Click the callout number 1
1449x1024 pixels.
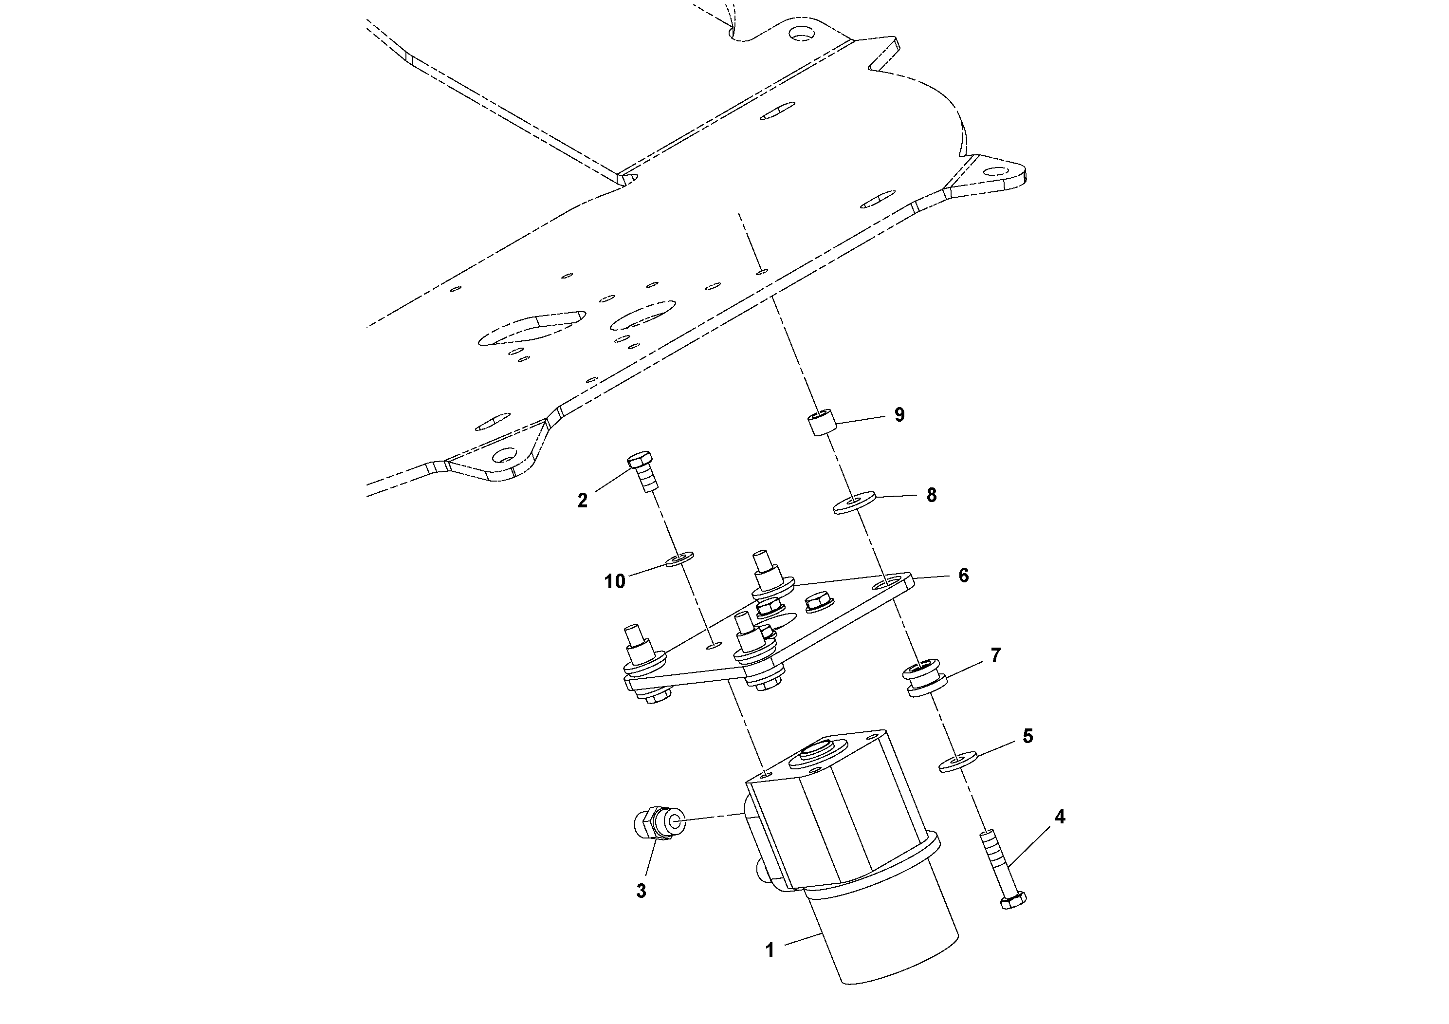point(770,968)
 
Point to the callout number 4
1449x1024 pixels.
point(1060,817)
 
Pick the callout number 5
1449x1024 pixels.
point(1027,736)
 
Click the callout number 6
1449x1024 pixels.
point(963,575)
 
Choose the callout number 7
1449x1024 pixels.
point(995,656)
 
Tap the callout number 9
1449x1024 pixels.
point(899,415)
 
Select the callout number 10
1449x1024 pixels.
point(615,581)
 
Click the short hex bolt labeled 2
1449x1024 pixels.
point(643,470)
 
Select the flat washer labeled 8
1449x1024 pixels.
point(853,504)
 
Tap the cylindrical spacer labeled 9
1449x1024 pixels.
point(821,423)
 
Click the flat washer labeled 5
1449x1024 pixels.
point(958,762)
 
